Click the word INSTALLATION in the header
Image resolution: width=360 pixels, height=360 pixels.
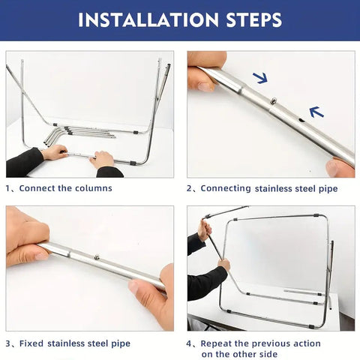pyautogui.click(x=148, y=20)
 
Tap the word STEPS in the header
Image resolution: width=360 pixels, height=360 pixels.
pyautogui.click(x=254, y=20)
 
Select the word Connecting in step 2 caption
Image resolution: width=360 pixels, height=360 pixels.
pyautogui.click(x=226, y=188)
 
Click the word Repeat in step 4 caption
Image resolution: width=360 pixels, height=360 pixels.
pyautogui.click(x=216, y=343)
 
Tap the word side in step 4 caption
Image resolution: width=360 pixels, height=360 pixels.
pyautogui.click(x=268, y=354)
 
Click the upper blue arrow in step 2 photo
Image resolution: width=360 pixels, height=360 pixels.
pyautogui.click(x=260, y=78)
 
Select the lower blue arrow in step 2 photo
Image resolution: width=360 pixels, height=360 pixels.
pyautogui.click(x=316, y=112)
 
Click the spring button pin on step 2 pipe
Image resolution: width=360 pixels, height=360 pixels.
pyautogui.click(x=274, y=100)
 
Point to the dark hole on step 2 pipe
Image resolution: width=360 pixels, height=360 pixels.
pyautogui.click(x=302, y=120)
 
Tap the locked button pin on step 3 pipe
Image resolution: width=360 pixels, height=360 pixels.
pyautogui.click(x=97, y=256)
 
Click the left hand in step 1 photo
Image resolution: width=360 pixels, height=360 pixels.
pyautogui.click(x=55, y=152)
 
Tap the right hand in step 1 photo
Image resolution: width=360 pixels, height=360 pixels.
pyautogui.click(x=102, y=160)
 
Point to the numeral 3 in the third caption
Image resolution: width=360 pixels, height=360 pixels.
pyautogui.click(x=8, y=343)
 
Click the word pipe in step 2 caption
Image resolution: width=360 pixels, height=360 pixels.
pyautogui.click(x=328, y=189)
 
